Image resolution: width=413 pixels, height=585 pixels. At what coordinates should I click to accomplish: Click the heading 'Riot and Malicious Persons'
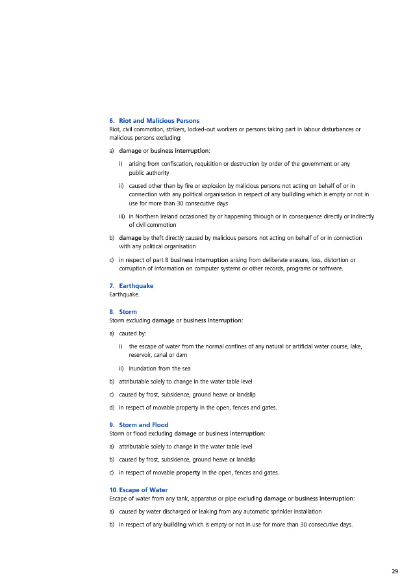tap(158, 121)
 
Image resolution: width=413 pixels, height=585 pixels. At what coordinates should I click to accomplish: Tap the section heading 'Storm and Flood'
tap(144, 425)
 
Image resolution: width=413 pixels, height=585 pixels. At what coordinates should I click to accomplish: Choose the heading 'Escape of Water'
tap(143, 490)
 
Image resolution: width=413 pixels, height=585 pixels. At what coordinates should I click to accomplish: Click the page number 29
tap(395, 571)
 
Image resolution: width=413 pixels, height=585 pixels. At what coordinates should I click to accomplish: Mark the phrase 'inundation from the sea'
tap(159, 369)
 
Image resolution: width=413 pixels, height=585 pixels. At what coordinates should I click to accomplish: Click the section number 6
tap(112, 121)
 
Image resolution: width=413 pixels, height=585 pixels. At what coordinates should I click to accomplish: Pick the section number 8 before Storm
tap(112, 312)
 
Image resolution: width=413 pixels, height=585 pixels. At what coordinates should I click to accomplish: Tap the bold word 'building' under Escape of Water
tap(175, 525)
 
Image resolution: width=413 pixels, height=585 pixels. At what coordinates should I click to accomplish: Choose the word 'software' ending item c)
tap(331, 268)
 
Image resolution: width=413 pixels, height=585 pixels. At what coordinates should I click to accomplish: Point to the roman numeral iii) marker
tap(122, 216)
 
